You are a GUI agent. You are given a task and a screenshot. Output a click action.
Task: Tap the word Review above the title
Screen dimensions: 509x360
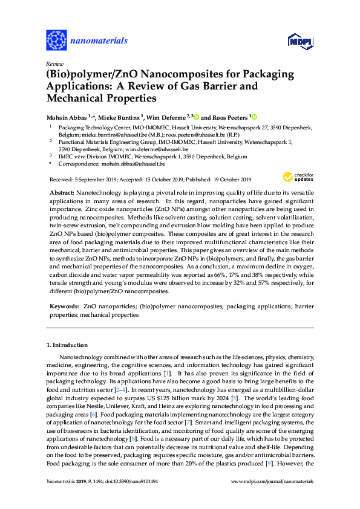point(54,63)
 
